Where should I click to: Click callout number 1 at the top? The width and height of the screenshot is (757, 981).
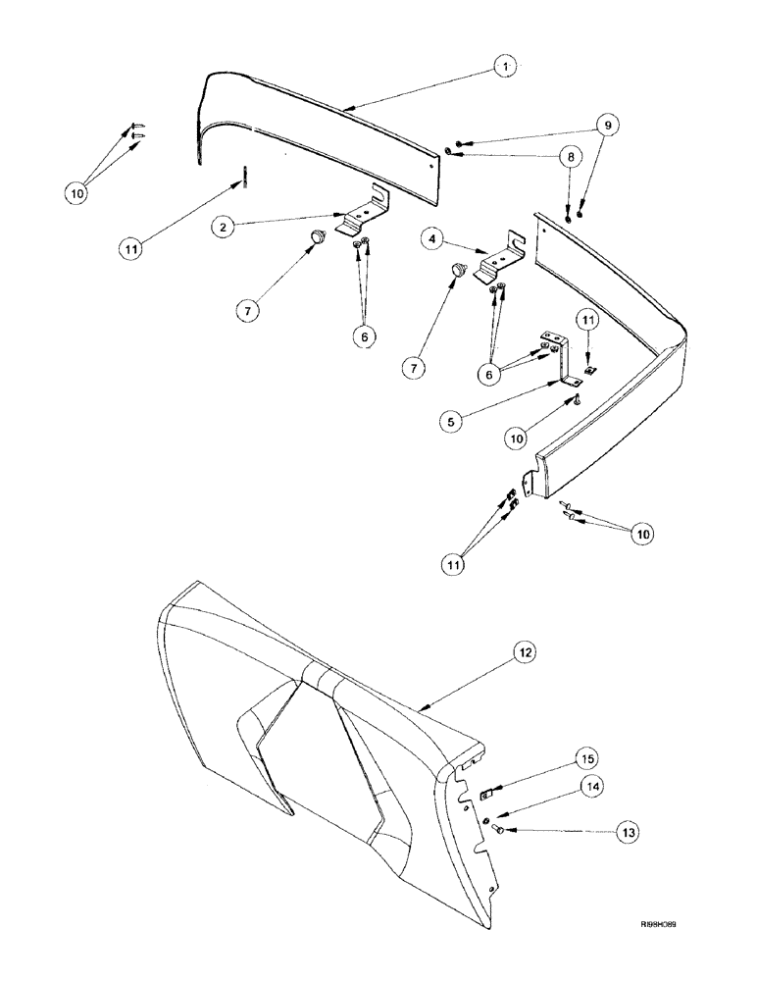(506, 68)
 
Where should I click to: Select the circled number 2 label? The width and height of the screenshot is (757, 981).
(227, 225)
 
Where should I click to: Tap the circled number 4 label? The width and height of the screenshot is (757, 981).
(431, 238)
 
